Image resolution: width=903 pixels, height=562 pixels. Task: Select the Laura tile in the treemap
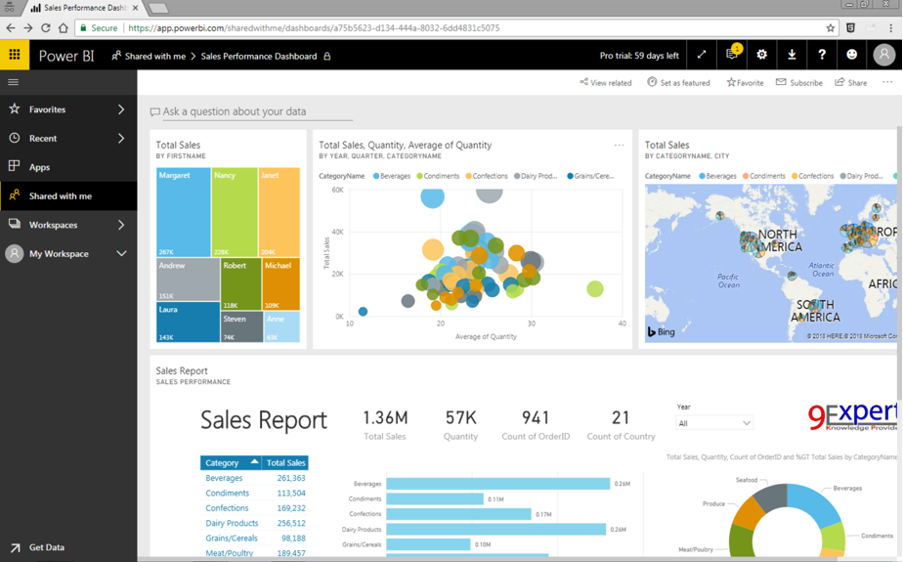(x=188, y=322)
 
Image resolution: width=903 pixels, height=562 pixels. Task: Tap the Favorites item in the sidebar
(x=48, y=109)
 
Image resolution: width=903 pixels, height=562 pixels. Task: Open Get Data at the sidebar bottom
(x=46, y=547)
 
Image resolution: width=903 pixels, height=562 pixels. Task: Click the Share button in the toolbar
(x=851, y=83)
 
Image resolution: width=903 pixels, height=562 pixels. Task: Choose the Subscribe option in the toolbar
(x=799, y=83)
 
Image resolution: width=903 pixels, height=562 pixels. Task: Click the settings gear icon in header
(x=761, y=56)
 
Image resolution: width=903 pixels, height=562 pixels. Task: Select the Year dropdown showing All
(x=714, y=423)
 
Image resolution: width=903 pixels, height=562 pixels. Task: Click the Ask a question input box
(x=251, y=111)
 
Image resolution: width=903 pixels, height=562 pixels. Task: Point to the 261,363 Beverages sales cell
(x=290, y=478)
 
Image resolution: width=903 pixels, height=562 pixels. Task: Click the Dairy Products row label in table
(x=232, y=523)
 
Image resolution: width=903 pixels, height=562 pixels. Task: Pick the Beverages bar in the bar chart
(x=497, y=484)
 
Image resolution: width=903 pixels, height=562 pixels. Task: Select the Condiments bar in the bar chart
(x=435, y=498)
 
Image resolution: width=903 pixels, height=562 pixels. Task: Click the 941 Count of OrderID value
(x=536, y=418)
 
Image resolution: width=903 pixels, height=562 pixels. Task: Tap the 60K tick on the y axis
(x=337, y=190)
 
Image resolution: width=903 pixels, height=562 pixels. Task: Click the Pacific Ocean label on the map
(x=728, y=281)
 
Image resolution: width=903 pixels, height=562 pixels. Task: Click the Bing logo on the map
(x=662, y=332)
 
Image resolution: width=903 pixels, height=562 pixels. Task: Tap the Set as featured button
(x=679, y=83)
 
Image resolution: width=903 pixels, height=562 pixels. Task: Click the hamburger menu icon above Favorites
(x=14, y=82)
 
